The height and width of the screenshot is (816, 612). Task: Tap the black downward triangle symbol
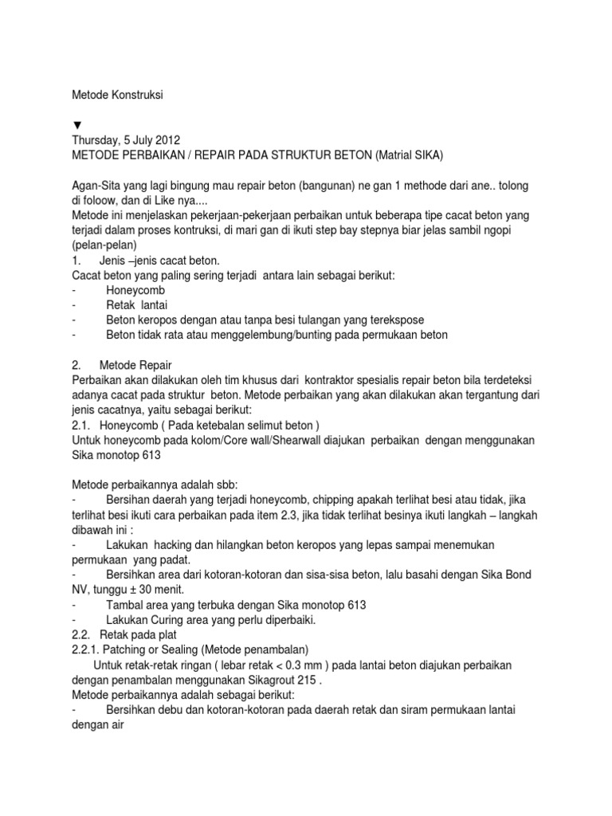coord(76,125)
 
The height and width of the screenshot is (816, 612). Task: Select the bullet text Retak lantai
coord(137,305)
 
